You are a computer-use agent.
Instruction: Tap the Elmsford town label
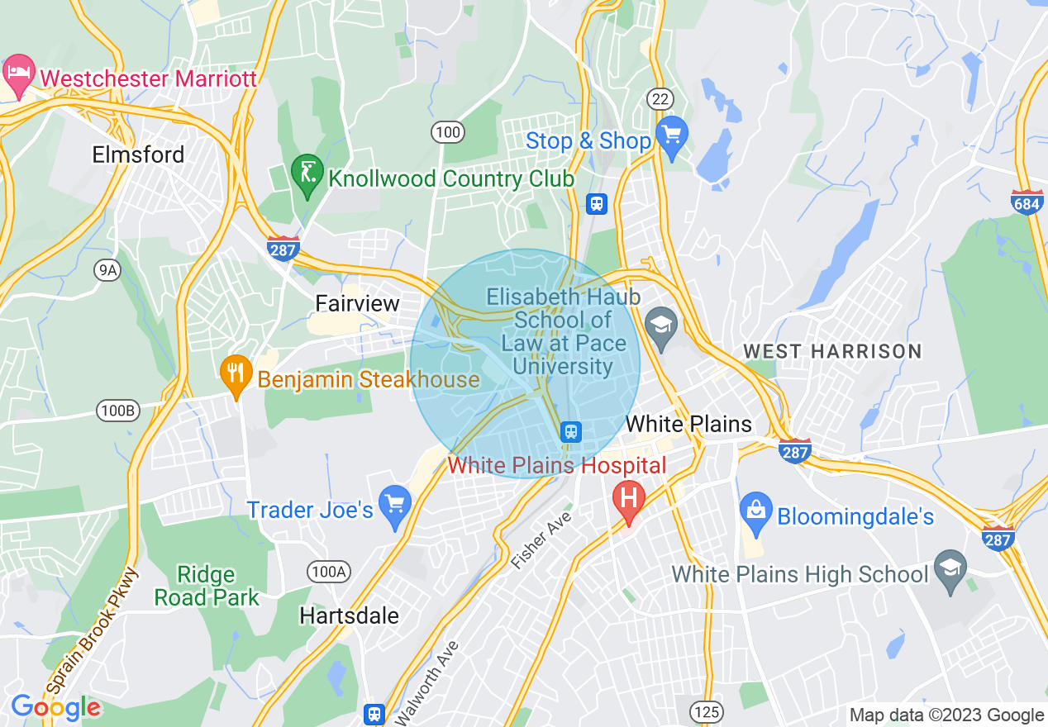click(x=138, y=154)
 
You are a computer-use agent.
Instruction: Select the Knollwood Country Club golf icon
click(x=307, y=174)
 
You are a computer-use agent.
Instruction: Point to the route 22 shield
click(x=660, y=99)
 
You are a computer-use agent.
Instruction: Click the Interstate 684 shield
click(x=1027, y=202)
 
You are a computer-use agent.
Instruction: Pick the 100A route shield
click(x=328, y=571)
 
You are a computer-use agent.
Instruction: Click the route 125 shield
click(x=708, y=711)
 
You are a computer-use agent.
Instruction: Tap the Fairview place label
click(x=358, y=303)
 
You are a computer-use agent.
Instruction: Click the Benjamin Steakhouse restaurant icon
click(x=236, y=376)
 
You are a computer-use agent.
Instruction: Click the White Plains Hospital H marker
click(x=628, y=500)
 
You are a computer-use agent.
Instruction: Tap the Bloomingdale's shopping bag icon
click(x=755, y=509)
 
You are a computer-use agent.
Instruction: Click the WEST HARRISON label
click(x=832, y=351)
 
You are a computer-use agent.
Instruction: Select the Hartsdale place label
click(x=349, y=615)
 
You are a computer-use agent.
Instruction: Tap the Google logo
click(x=55, y=707)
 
